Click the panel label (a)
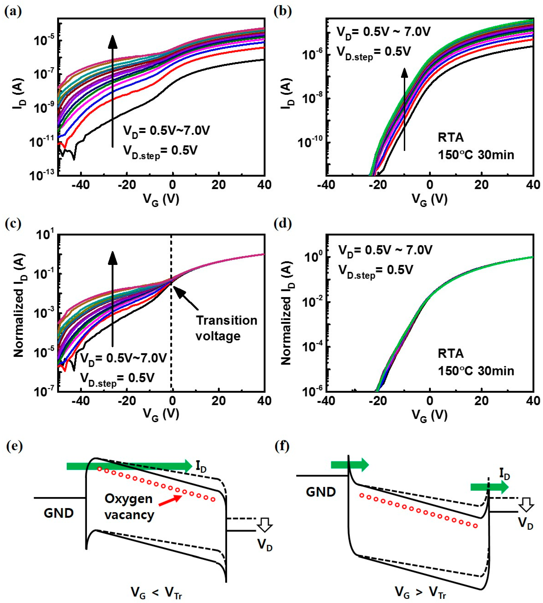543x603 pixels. [x=13, y=12]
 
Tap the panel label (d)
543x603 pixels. [x=283, y=224]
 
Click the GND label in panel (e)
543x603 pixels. [x=58, y=513]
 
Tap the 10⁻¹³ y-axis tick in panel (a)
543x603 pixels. [x=42, y=176]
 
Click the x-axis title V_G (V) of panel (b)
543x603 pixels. [x=429, y=199]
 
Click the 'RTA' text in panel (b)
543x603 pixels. [x=451, y=138]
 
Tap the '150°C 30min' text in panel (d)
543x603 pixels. [x=476, y=371]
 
